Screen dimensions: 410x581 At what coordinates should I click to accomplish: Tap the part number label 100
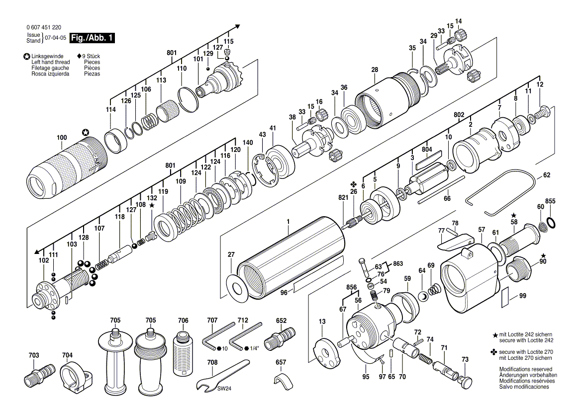[62, 137]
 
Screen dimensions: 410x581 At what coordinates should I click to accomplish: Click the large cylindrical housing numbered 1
[293, 258]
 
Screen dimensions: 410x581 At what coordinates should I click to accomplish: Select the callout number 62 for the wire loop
[547, 175]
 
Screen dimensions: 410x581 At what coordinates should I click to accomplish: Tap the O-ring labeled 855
[551, 220]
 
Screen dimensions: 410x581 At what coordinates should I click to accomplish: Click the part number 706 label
[183, 321]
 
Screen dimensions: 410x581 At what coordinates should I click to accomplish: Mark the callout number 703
[33, 355]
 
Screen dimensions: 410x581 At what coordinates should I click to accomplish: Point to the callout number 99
[522, 296]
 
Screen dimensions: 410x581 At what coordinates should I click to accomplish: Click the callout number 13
[322, 322]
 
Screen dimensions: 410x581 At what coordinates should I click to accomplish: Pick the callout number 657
[281, 362]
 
